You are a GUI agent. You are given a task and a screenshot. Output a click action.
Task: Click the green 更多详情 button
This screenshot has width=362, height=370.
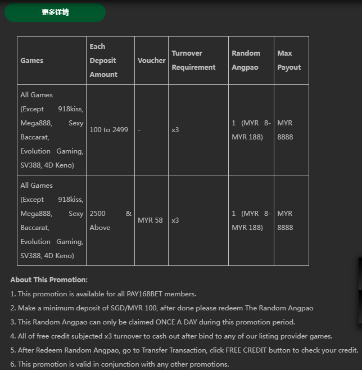pos(55,12)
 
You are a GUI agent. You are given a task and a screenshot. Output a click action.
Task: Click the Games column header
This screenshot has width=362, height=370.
pos(32,61)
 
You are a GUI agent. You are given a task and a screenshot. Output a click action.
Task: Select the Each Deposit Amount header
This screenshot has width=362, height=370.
pos(103,61)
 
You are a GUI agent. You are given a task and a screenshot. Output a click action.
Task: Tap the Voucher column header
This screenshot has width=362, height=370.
pos(151,61)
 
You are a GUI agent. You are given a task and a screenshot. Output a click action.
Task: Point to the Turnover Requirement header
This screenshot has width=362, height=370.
pos(193,61)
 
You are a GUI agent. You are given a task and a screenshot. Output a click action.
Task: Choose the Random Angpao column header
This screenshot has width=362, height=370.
pos(246,61)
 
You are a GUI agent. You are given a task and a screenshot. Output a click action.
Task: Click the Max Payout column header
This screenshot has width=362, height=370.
pos(289,61)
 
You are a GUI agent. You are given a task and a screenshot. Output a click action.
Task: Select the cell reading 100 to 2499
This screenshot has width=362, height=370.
pos(108,130)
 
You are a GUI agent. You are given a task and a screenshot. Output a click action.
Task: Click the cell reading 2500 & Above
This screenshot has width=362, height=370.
pos(110,220)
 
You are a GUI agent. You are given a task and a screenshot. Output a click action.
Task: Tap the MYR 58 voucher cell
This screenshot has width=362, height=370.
pos(150,220)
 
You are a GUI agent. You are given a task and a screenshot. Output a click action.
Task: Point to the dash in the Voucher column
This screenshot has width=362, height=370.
pos(139,130)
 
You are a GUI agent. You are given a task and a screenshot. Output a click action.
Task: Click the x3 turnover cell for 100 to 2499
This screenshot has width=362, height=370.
pos(175,130)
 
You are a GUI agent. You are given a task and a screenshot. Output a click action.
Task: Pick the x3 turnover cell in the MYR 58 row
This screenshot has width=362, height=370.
pos(175,220)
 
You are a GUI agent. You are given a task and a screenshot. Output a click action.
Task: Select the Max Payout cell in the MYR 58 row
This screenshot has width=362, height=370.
pos(285,220)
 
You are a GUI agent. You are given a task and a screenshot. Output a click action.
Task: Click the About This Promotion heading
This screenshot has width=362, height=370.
pos(49,280)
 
